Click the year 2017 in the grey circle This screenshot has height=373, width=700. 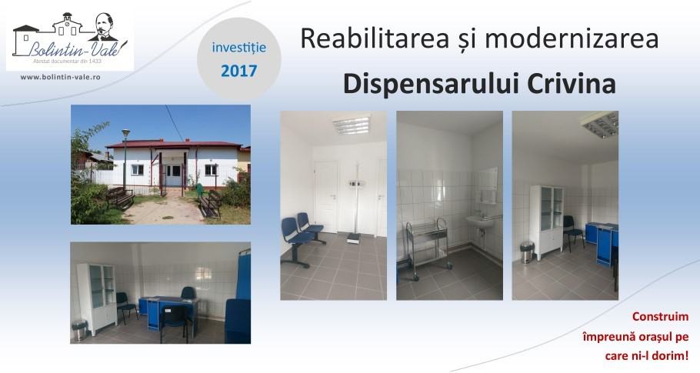coord(238,71)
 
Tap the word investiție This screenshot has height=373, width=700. coord(238,48)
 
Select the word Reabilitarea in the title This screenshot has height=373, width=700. coord(374,38)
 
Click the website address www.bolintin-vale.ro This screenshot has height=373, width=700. coord(60,77)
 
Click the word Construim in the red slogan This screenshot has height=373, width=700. coord(660,317)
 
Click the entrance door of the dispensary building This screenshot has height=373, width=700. coord(172,176)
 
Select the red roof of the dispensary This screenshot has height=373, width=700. coord(174,145)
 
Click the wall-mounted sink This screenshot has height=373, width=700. coord(479,221)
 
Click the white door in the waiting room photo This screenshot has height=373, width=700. coord(326,197)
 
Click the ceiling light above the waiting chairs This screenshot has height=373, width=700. coord(352,125)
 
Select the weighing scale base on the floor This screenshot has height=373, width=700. coord(354,239)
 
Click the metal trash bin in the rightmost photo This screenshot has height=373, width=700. coord(527,251)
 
